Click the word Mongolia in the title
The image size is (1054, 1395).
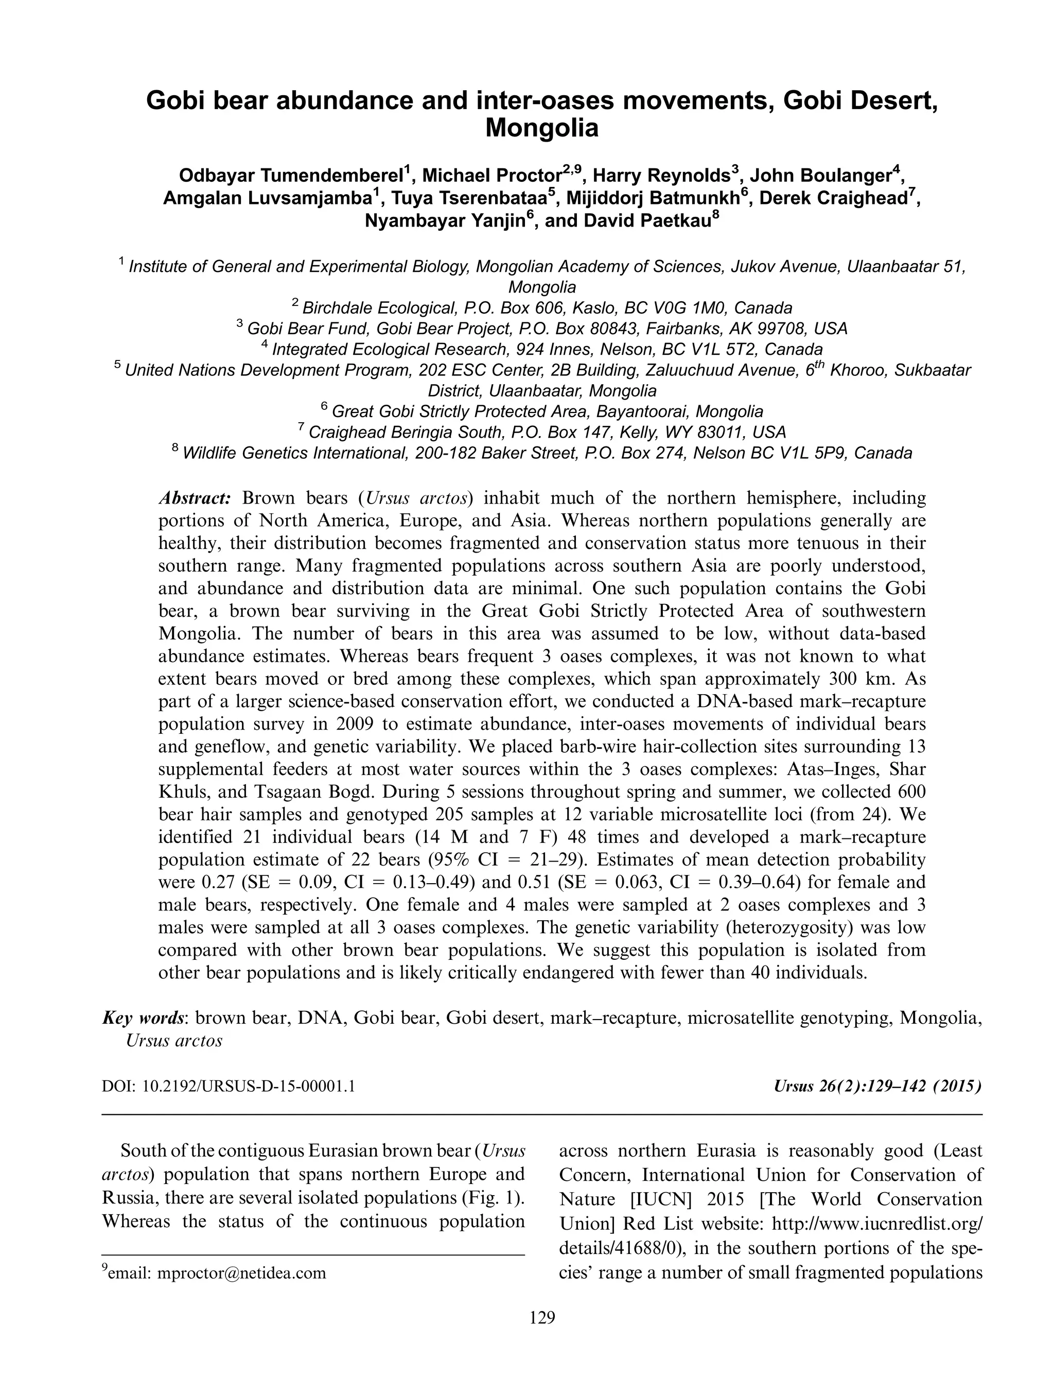(541, 128)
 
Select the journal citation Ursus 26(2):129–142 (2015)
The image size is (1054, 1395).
(877, 1087)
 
